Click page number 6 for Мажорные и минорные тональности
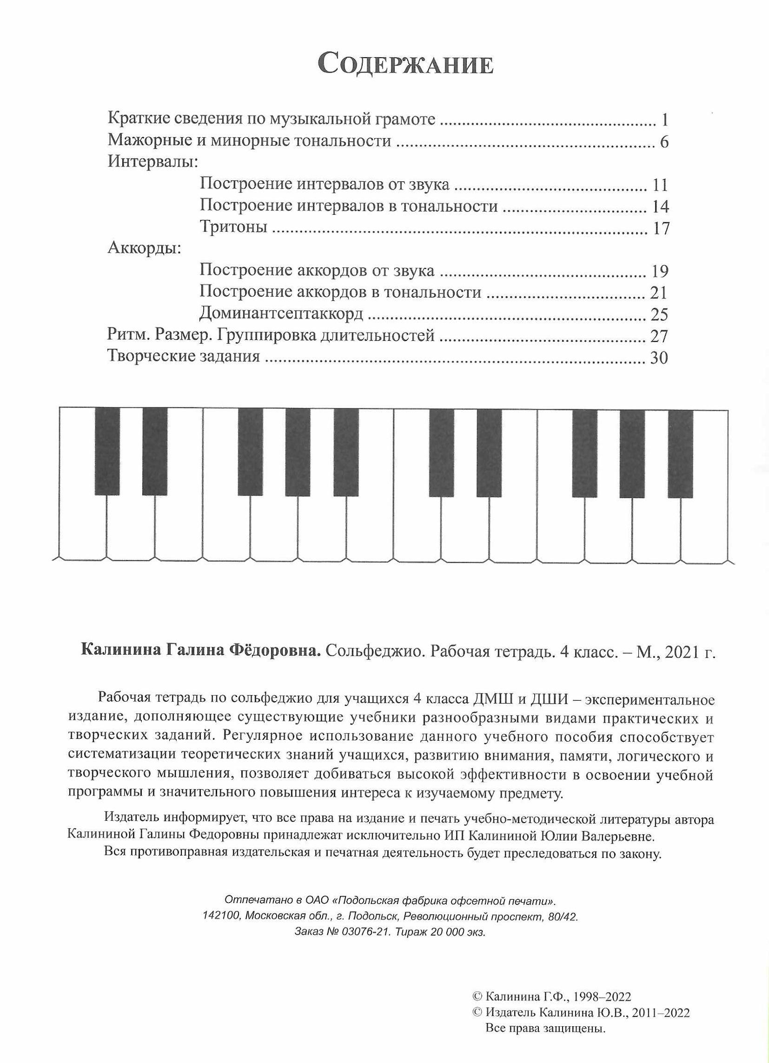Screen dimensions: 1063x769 click(x=663, y=142)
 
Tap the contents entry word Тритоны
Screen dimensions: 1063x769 click(x=233, y=227)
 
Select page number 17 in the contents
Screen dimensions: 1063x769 click(x=660, y=228)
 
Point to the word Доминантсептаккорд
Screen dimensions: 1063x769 click(x=281, y=313)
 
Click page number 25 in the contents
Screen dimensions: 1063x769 click(x=659, y=314)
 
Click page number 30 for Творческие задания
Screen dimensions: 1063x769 click(x=659, y=358)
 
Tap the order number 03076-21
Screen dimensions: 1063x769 click(x=364, y=945)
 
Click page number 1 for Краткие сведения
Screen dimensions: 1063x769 click(x=664, y=120)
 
